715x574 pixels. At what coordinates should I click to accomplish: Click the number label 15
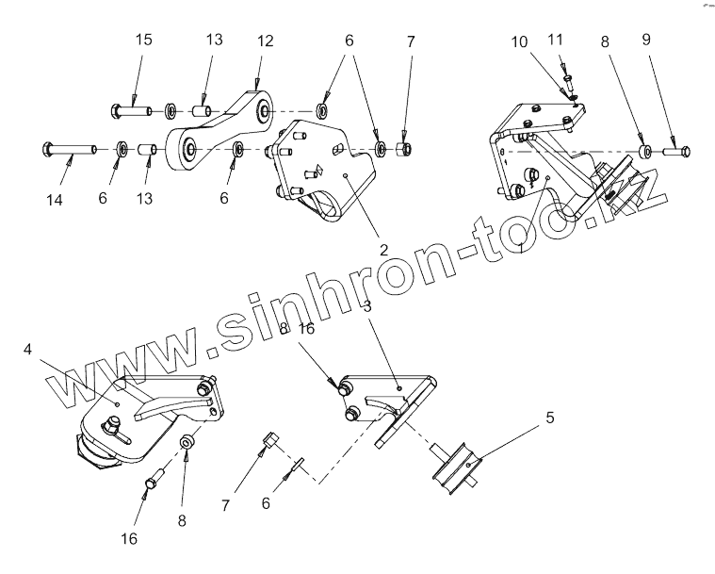[x=144, y=41]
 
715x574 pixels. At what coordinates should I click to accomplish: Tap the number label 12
[x=265, y=41]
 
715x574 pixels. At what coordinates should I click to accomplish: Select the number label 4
[x=28, y=350]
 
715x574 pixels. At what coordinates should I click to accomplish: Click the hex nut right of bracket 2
[x=406, y=150]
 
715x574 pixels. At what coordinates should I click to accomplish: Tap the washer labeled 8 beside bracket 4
[x=187, y=440]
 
